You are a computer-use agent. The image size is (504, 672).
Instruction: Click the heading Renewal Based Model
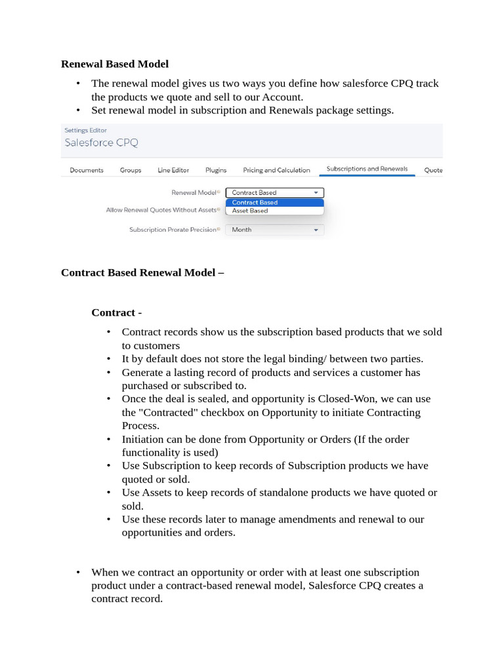[114, 64]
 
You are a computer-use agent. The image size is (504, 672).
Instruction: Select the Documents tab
[86, 170]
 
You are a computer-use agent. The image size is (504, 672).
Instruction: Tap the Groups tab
[131, 170]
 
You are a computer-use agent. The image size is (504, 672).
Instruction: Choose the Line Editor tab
[173, 170]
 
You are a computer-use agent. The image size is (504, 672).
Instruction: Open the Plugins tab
[216, 170]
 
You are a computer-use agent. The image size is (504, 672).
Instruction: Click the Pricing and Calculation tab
[276, 170]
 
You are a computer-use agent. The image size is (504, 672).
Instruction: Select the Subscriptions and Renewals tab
[367, 169]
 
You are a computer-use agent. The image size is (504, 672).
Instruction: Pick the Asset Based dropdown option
[250, 211]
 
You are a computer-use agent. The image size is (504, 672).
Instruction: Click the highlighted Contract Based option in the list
[255, 203]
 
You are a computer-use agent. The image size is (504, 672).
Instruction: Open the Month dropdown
[274, 230]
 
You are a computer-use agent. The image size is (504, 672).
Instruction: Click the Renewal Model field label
[194, 193]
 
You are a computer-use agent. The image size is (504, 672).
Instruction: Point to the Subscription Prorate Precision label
[172, 230]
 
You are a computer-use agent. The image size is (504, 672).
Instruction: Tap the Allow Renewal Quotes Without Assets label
[161, 210]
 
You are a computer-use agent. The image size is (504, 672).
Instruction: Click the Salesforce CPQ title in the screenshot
[101, 142]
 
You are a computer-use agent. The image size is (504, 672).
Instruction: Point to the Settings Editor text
[85, 130]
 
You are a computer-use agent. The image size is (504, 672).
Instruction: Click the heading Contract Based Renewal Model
[142, 272]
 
